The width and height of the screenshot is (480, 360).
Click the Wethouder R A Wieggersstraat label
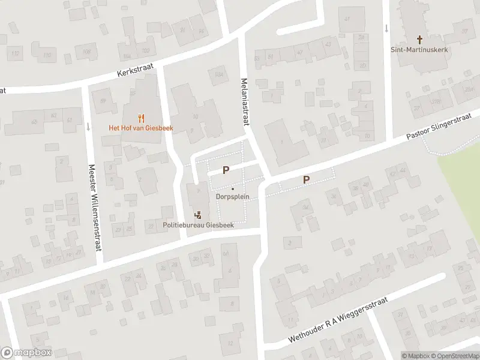(338, 320)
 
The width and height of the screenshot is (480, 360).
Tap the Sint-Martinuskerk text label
(419, 50)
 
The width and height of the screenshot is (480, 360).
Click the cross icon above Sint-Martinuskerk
(419, 39)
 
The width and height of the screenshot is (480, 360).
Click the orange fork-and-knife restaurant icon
(141, 118)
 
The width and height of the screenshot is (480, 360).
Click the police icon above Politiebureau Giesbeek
(197, 214)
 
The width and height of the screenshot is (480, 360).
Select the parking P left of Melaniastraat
(226, 170)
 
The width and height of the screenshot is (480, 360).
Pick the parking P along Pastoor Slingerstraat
(306, 179)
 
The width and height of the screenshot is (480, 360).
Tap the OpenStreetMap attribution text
(454, 356)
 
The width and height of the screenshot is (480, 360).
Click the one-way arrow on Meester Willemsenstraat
(88, 127)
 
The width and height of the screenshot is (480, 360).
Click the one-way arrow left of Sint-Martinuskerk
(386, 27)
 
